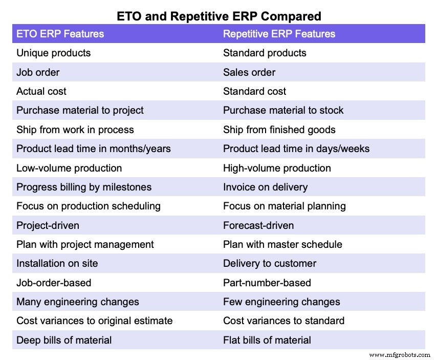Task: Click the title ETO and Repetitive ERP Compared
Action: [x=218, y=16]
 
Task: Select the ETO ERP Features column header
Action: [x=60, y=34]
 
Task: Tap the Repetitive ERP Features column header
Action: [x=279, y=34]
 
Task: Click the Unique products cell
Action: [x=53, y=53]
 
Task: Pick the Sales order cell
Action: [x=249, y=72]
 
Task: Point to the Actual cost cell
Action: [x=41, y=91]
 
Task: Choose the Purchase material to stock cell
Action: [x=283, y=110]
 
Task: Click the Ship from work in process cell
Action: [x=75, y=130]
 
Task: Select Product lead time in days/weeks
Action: [x=296, y=149]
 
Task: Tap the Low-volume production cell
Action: [x=69, y=168]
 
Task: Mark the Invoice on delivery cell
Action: [x=265, y=187]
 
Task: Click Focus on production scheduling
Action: [x=89, y=206]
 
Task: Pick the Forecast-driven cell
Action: [x=258, y=225]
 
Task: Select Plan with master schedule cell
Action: [x=282, y=244]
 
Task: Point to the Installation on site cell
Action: [x=57, y=263]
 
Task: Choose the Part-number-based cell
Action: [x=267, y=283]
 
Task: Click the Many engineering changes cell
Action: [x=78, y=302]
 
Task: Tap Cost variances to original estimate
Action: [x=95, y=321]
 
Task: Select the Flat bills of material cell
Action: [x=267, y=340]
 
